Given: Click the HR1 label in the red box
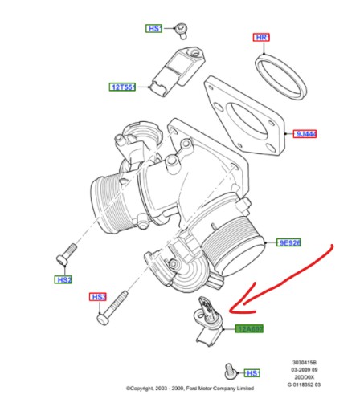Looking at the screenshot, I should (x=262, y=38).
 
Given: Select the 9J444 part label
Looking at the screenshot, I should (x=306, y=134).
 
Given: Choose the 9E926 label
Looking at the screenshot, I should (x=288, y=242).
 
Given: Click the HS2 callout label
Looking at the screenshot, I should (x=63, y=279).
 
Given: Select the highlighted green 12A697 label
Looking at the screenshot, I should (x=249, y=328).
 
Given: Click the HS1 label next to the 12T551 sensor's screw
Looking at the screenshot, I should (x=155, y=28).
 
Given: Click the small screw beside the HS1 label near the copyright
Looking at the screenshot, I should (x=231, y=370).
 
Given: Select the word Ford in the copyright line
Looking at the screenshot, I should (x=196, y=388).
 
